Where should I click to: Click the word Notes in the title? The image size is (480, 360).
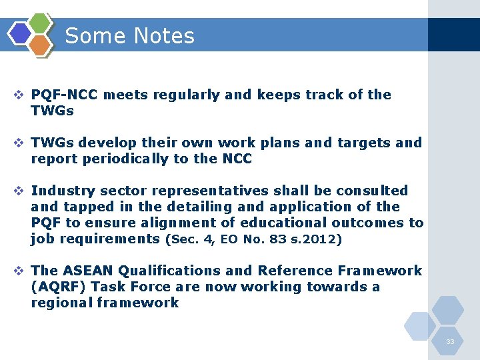click(163, 36)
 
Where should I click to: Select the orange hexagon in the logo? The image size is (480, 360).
click(40, 45)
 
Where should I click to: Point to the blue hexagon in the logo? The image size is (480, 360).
click(20, 33)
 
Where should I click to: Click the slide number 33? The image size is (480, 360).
click(450, 342)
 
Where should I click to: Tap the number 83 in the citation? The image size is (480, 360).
click(282, 239)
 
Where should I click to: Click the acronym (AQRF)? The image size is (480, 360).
click(58, 287)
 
